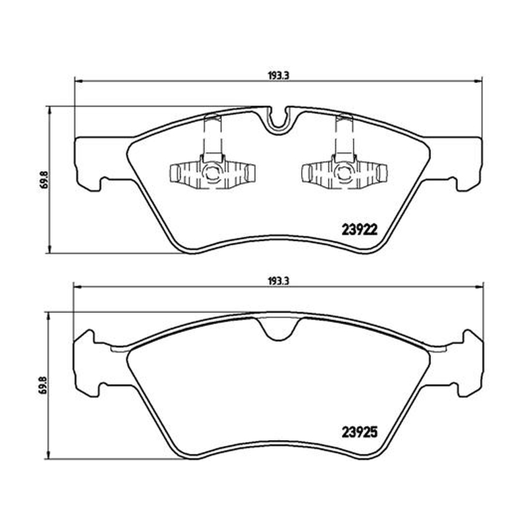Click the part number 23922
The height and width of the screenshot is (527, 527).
coord(360,230)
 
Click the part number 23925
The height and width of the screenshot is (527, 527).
coord(360,432)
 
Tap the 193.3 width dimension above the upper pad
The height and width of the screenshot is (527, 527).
coord(279,76)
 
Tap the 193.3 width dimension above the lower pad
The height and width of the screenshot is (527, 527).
coord(279,281)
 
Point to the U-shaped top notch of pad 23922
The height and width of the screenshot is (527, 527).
coord(278,122)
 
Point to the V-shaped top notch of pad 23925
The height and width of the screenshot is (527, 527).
coord(278,331)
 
